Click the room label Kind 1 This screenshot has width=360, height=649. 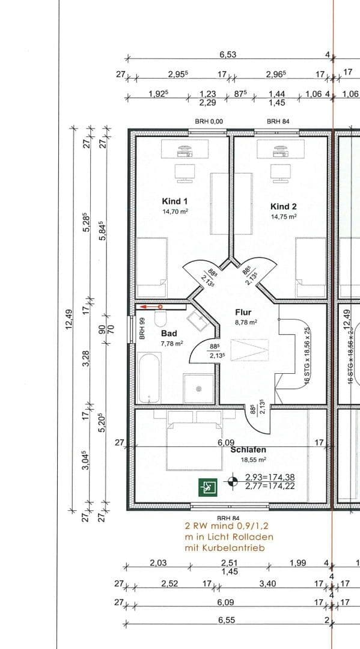tap(174, 201)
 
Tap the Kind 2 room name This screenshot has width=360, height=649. tap(284, 206)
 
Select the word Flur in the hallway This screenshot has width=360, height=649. tap(243, 312)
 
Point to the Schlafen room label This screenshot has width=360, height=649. tap(248, 449)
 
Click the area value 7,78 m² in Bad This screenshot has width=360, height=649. tap(171, 343)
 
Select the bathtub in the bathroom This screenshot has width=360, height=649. tap(148, 377)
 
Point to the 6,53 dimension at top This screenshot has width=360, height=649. tap(228, 55)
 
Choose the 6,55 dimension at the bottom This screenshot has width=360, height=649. tap(227, 620)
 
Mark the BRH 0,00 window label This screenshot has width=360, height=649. tap(209, 121)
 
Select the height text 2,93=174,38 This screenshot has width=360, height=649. tap(269, 478)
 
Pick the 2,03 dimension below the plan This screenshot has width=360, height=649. tap(158, 562)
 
